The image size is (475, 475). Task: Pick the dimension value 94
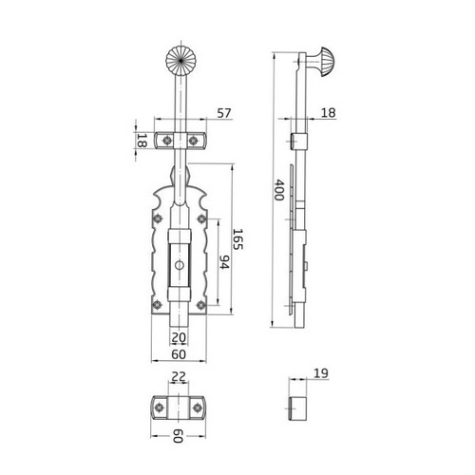coord(224,261)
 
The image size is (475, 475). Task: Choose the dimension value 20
coord(178,337)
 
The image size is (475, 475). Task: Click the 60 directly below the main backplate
coord(178,353)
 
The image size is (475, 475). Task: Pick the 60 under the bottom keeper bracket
coord(178,436)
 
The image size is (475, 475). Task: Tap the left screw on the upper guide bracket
coord(164,140)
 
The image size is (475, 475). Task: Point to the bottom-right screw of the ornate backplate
coord(200,304)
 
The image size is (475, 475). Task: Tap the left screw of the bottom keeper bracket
coord(158,407)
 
